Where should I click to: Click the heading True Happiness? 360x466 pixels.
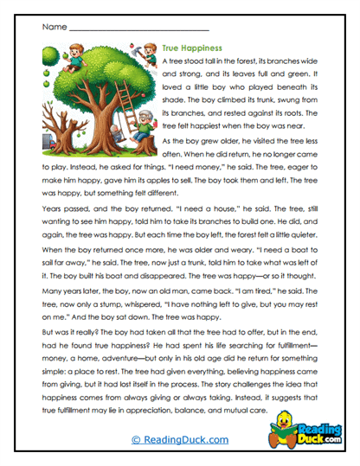[192, 48]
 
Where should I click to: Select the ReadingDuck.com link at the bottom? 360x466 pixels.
[180, 439]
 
